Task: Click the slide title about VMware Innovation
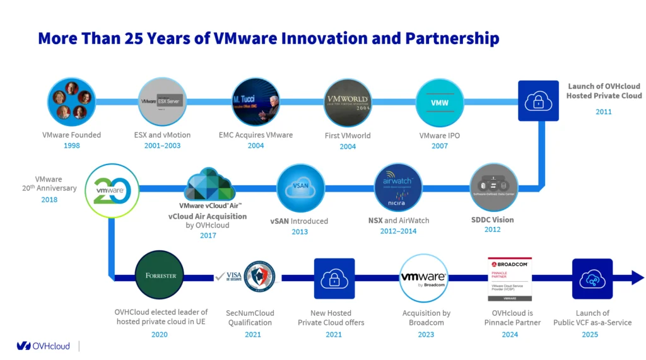click(x=268, y=38)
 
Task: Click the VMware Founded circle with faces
click(x=71, y=101)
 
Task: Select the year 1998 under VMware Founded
click(x=71, y=146)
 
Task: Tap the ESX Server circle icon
click(x=162, y=101)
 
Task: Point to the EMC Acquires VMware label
click(x=255, y=135)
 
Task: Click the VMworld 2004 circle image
click(x=348, y=102)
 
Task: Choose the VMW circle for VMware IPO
click(x=440, y=102)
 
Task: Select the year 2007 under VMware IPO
click(x=440, y=146)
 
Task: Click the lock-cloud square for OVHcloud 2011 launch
click(x=538, y=101)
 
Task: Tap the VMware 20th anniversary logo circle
click(x=109, y=188)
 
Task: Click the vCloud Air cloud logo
click(x=210, y=184)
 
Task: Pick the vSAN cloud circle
click(x=300, y=188)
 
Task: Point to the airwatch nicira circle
click(x=398, y=187)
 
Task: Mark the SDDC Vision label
click(x=493, y=220)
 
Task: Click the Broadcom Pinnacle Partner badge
click(x=509, y=277)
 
